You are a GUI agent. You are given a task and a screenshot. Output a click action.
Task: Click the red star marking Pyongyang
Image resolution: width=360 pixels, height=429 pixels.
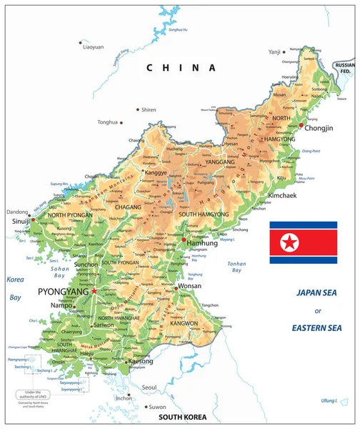94,292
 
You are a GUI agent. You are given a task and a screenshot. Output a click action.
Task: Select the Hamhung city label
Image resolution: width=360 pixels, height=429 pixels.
201,243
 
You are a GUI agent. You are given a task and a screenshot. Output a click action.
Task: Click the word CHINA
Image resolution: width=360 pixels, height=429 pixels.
180,68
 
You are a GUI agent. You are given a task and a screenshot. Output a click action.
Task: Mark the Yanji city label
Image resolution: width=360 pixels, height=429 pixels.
274,51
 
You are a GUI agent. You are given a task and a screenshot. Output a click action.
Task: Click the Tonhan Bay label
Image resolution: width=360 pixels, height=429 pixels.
236,267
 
